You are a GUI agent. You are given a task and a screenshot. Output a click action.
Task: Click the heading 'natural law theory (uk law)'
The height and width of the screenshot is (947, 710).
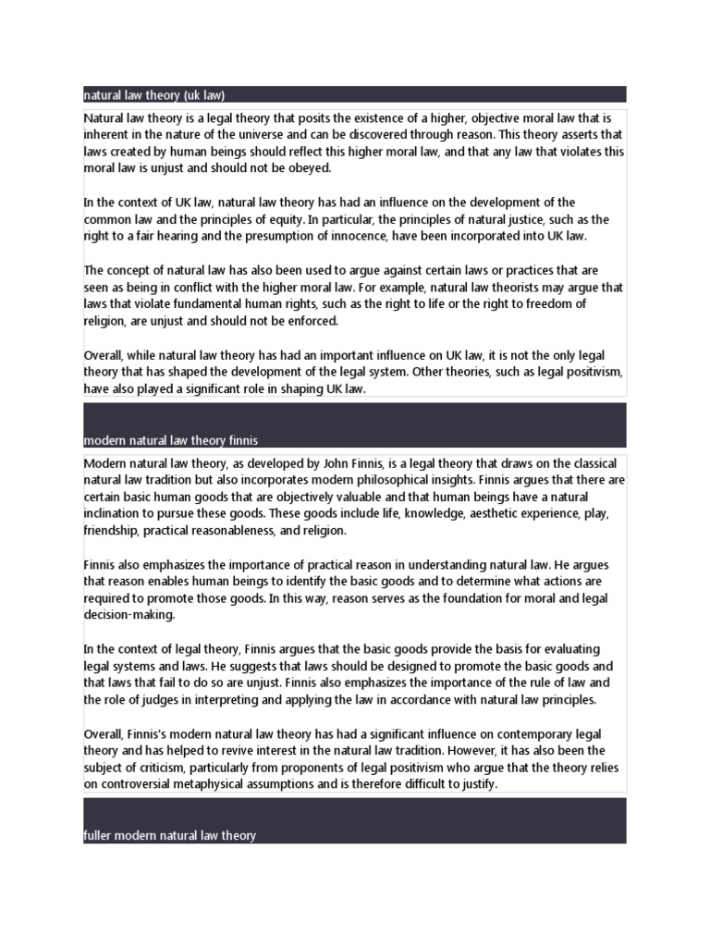click(x=154, y=94)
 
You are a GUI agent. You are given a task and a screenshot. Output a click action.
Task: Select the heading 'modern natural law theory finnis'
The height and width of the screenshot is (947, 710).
click(x=177, y=439)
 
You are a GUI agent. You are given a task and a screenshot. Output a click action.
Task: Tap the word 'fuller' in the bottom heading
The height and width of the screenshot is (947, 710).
click(x=97, y=835)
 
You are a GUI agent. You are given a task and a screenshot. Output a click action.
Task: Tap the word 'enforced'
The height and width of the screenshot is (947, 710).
click(x=312, y=321)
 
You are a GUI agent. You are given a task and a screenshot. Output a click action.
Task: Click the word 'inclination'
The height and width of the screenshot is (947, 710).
click(x=116, y=513)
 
